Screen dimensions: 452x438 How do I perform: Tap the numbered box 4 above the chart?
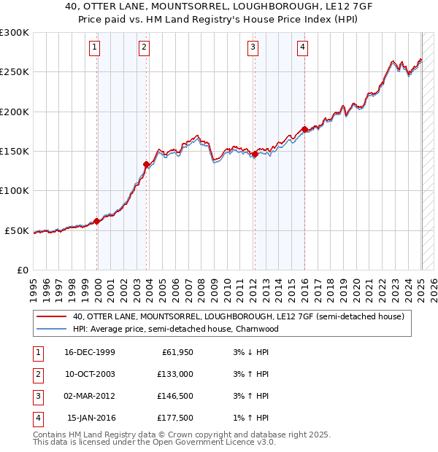302,48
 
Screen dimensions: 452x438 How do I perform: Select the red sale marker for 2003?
147,165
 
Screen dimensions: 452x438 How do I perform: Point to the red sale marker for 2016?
304,130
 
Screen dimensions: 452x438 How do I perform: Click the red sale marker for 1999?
97,221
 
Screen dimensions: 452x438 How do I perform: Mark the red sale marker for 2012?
255,155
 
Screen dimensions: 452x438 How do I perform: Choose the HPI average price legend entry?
175,329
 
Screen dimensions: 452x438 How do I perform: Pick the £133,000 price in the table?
174,374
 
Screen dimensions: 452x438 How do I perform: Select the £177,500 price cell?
174,418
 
